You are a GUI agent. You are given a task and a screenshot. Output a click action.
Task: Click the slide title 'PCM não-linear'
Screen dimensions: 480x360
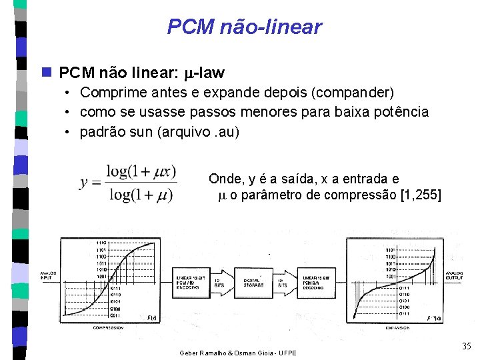[244, 27]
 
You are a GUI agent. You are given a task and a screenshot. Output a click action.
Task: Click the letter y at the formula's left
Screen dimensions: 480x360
[85, 182]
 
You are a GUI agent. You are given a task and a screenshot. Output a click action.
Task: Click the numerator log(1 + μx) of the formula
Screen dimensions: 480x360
[141, 171]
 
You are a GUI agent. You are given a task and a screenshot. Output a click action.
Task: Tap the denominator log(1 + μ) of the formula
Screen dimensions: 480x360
[141, 195]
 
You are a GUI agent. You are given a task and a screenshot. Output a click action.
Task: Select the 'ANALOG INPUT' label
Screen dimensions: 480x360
[48, 275]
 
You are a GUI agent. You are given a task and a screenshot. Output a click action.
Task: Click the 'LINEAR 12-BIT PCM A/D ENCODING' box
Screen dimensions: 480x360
[191, 282]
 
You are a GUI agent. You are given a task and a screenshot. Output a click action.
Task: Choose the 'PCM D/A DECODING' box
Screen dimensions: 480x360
[319, 282]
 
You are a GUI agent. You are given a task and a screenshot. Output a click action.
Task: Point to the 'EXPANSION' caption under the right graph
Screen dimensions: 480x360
[397, 328]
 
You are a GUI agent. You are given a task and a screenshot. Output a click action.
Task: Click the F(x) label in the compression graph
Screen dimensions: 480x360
[151, 317]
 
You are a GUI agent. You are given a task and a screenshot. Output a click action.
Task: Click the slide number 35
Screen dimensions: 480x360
[466, 345]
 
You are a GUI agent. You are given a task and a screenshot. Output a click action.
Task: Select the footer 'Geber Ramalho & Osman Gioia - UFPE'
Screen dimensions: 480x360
[237, 351]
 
